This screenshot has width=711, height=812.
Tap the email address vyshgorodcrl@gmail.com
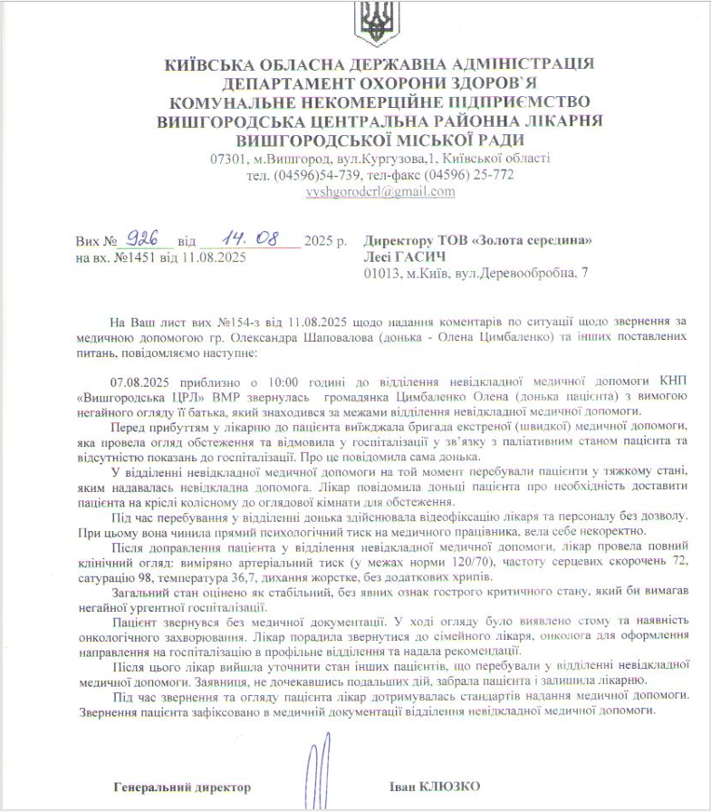pos(380,192)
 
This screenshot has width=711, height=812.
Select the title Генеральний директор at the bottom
pos(182,786)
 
